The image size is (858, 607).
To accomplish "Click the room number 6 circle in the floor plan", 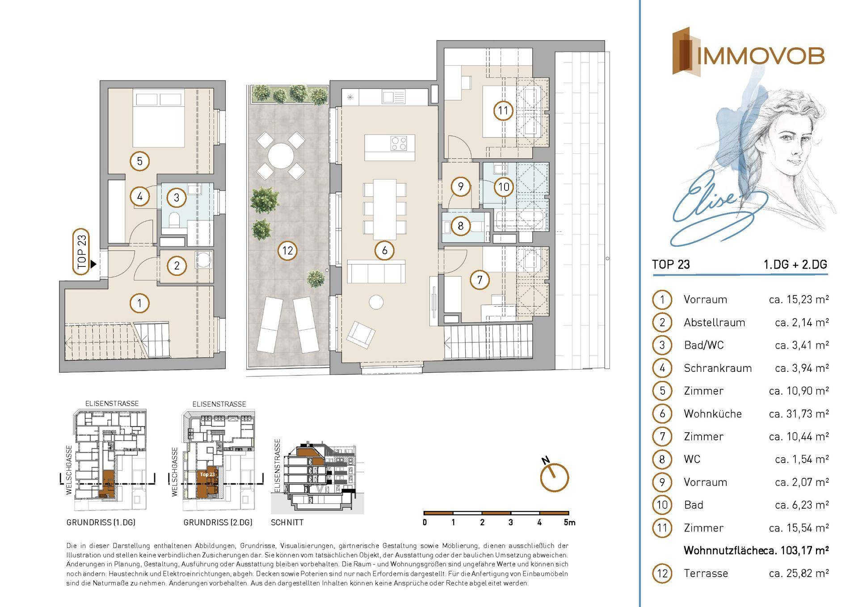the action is [384, 250].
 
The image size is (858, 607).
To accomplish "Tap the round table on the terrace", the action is [281, 155].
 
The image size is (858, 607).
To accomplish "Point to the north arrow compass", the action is [555, 476].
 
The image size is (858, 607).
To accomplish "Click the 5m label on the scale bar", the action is [569, 522].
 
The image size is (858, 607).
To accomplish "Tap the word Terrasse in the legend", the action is [706, 573].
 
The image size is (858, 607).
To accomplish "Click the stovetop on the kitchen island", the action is [399, 143].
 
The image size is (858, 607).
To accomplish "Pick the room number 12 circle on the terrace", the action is [287, 250].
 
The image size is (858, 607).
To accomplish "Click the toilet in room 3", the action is [176, 219].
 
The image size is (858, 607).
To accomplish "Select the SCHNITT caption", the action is [287, 522].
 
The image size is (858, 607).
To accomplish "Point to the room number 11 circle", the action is [503, 110].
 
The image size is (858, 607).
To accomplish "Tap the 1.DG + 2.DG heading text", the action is [795, 265].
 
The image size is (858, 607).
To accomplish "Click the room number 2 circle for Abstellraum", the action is [177, 266].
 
